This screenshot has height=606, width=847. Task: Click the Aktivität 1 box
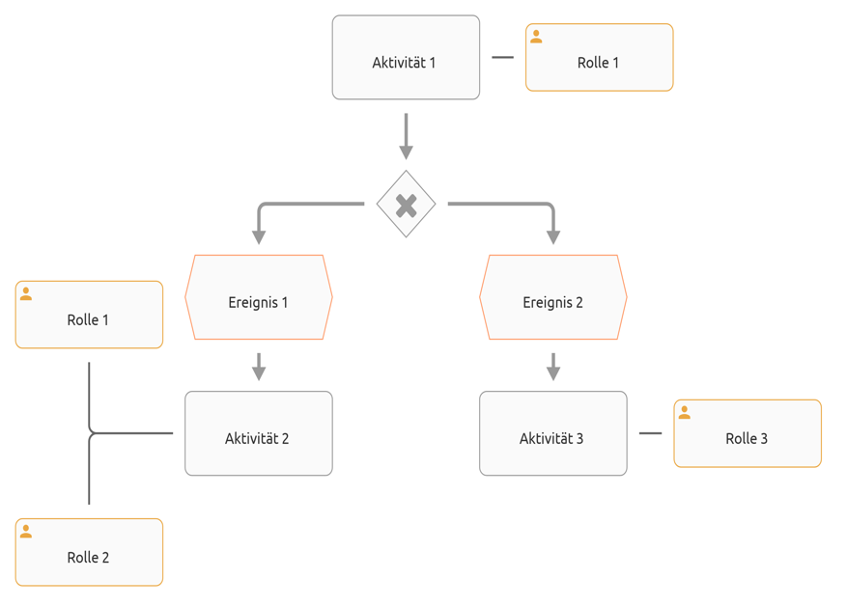(406, 58)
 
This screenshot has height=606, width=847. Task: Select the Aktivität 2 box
(258, 433)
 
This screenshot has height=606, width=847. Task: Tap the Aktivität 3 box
(552, 433)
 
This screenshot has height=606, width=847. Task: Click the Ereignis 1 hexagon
(258, 297)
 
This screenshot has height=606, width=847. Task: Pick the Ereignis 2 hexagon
(552, 297)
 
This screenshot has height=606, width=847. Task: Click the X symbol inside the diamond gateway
(406, 205)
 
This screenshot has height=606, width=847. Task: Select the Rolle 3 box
(748, 433)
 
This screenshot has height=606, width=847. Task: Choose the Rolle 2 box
(89, 552)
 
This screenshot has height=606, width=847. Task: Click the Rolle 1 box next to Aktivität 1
(599, 58)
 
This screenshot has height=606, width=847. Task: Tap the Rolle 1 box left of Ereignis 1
(89, 315)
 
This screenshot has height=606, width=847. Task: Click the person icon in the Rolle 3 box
(684, 413)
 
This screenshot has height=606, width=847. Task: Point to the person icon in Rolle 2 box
(26, 532)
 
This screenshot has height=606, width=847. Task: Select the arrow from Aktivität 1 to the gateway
(406, 135)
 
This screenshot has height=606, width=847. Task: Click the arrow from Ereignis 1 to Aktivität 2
(258, 367)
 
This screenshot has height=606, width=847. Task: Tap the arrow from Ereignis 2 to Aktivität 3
(552, 367)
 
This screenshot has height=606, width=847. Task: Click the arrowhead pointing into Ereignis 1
(258, 235)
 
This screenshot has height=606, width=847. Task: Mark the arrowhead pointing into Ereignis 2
(552, 235)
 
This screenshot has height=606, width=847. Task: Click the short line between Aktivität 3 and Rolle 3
(650, 433)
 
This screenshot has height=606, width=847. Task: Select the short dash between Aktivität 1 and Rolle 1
(502, 58)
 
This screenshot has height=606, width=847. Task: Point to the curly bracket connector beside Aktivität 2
(90, 433)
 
